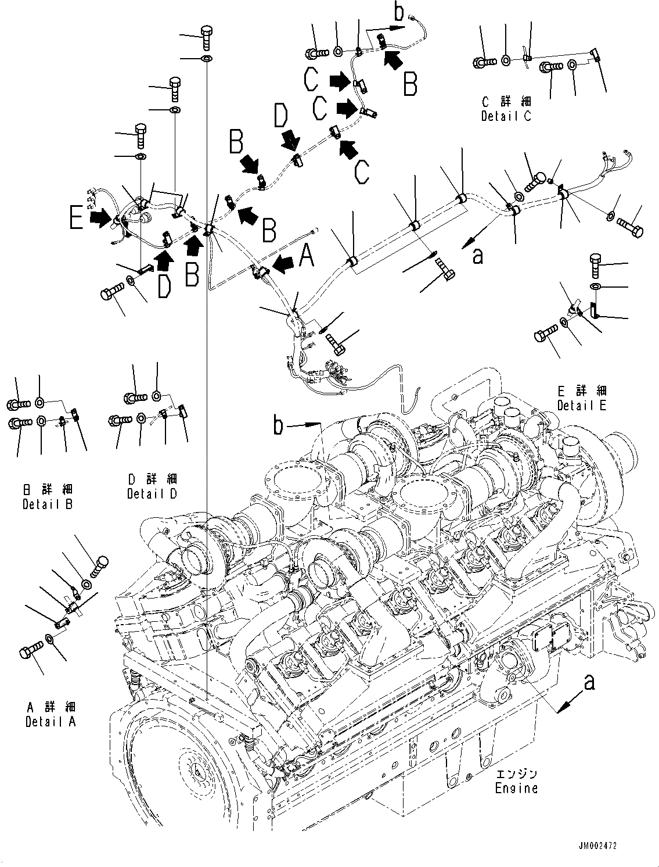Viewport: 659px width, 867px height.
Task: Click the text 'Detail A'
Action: tap(51, 722)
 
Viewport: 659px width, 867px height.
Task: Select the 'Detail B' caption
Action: tap(48, 504)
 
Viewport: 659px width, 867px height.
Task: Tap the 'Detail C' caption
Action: tap(506, 116)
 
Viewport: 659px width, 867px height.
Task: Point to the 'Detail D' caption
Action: tap(152, 493)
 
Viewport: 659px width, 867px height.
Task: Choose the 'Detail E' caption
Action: tap(582, 405)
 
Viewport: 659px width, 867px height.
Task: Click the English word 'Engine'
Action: tap(516, 789)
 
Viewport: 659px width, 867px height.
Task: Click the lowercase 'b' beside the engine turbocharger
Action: tap(279, 426)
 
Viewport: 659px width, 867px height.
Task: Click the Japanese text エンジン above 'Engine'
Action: tap(517, 775)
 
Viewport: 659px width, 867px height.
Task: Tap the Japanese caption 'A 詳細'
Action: tap(51, 707)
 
